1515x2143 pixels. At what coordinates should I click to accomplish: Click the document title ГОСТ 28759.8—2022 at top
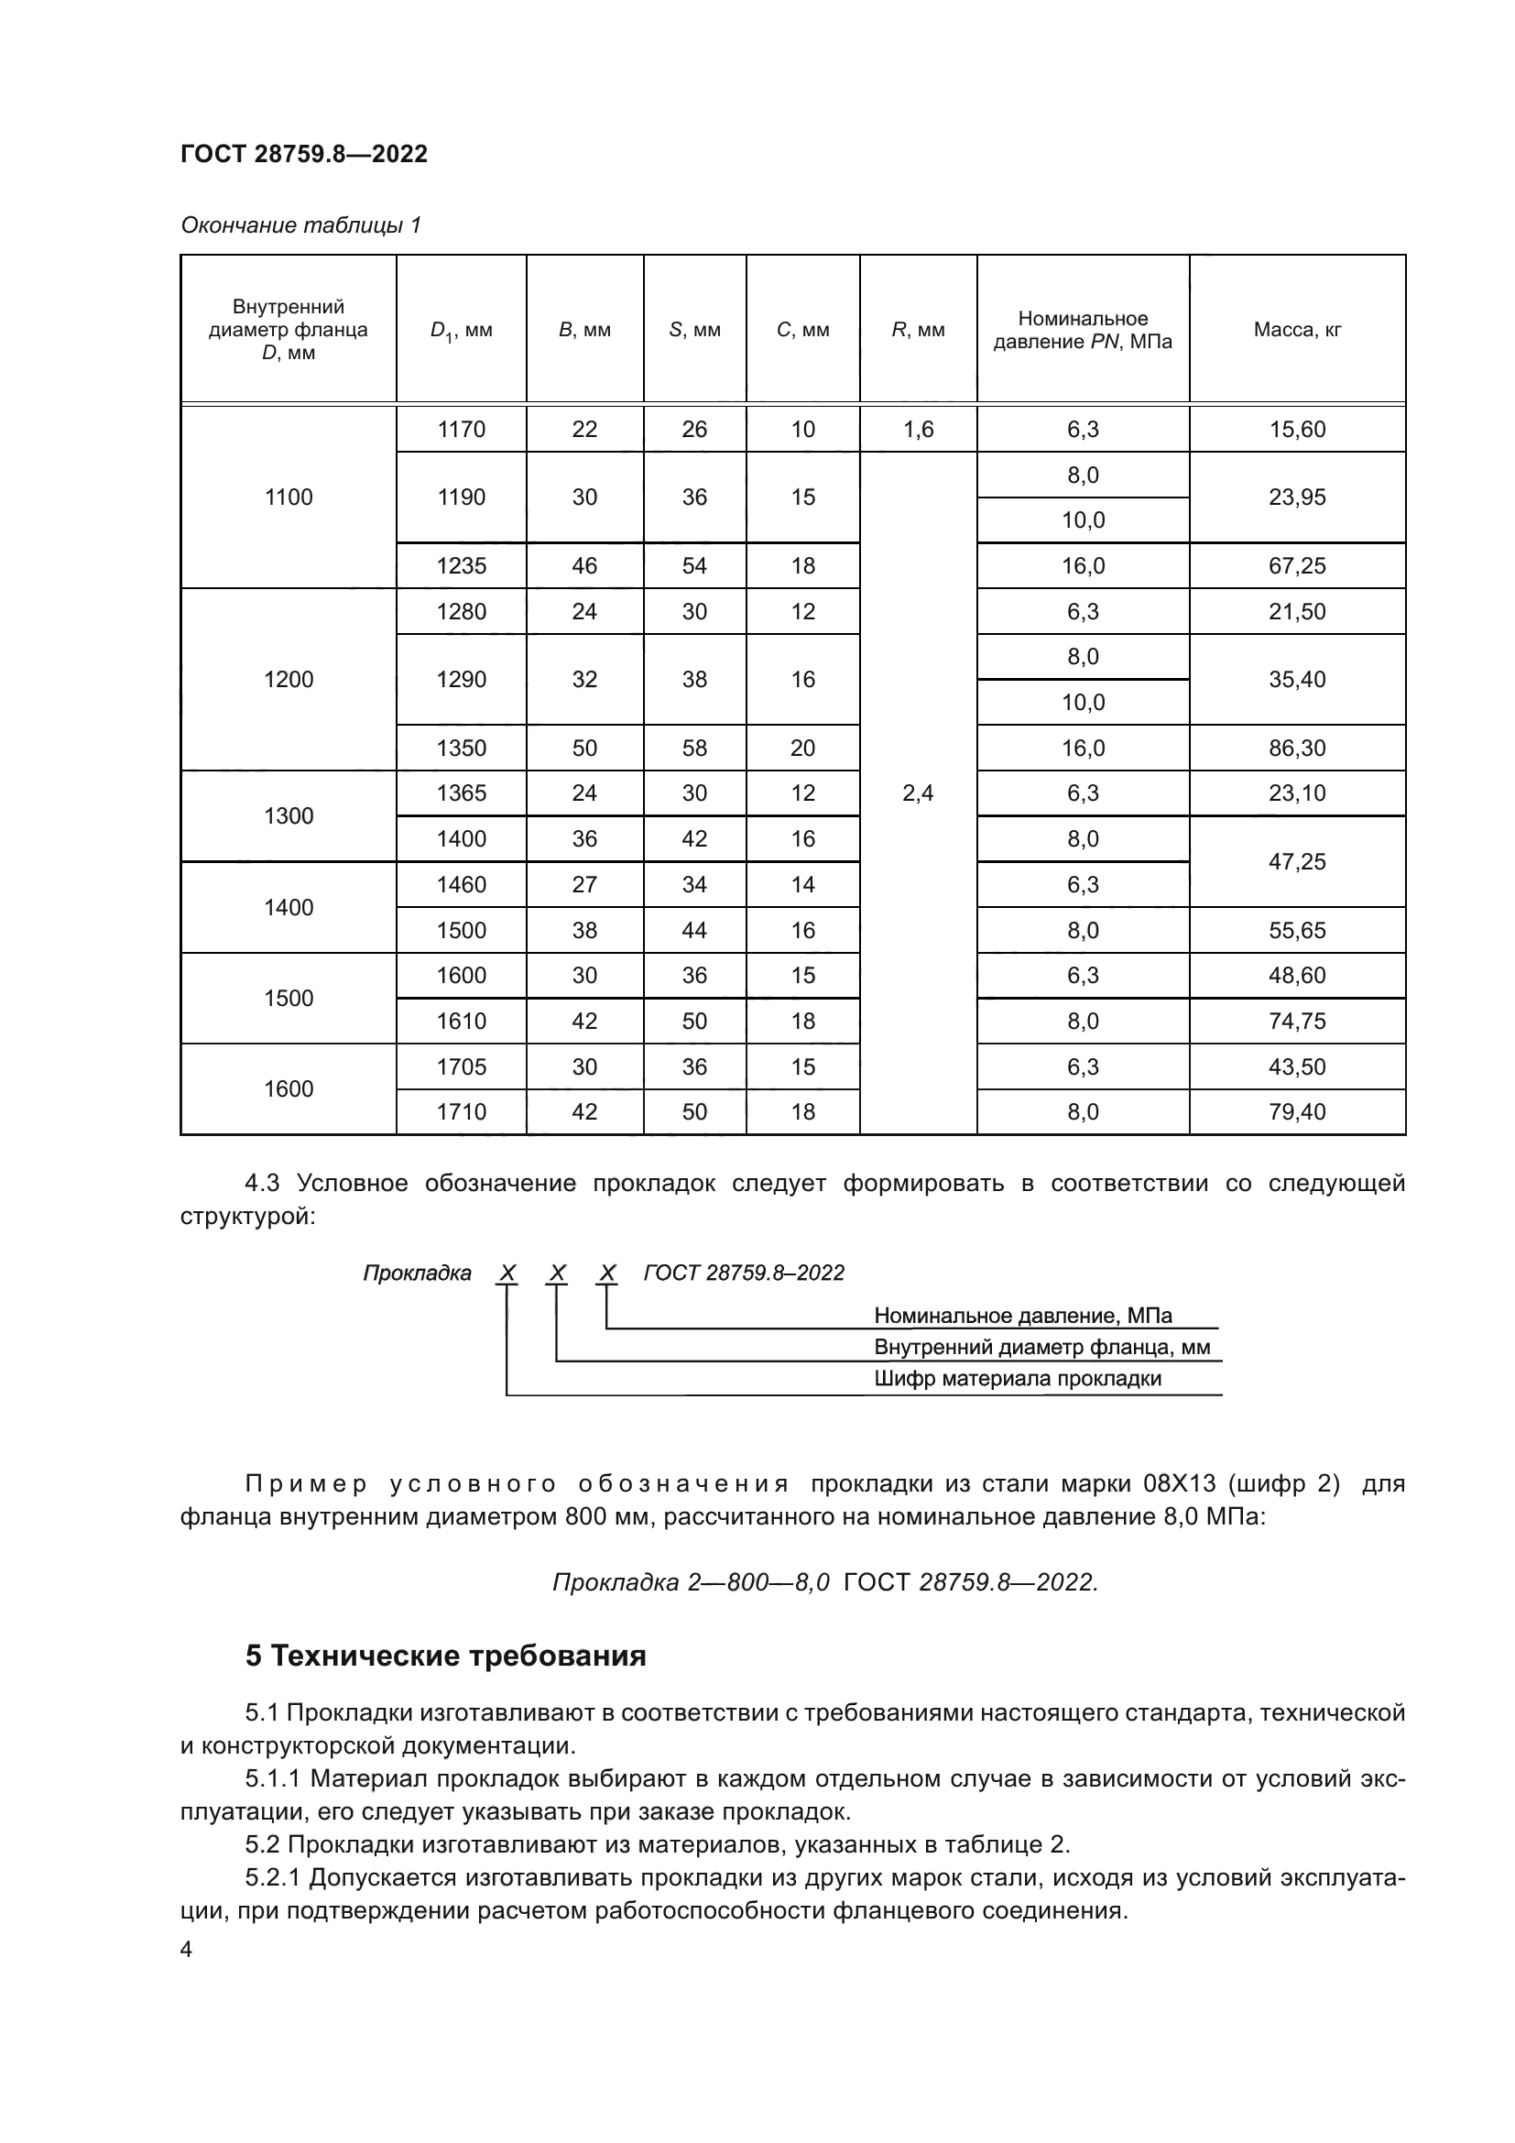point(304,154)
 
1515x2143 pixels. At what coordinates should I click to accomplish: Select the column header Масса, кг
point(1297,330)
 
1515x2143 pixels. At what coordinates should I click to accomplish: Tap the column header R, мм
point(918,330)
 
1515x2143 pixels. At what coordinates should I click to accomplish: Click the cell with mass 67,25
point(1297,565)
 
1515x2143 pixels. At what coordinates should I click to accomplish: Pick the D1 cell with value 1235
point(461,565)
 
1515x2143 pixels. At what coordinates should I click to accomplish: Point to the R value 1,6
point(918,430)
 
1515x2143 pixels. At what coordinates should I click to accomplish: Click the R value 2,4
point(918,793)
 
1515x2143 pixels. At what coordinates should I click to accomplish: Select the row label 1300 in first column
point(289,815)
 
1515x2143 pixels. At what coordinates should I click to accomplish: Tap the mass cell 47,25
point(1297,861)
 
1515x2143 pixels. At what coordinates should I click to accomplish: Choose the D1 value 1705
point(461,1066)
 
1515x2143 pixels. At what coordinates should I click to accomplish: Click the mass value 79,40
point(1297,1111)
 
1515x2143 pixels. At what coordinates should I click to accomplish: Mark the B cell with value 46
point(584,565)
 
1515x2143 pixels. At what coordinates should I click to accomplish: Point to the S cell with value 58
point(694,748)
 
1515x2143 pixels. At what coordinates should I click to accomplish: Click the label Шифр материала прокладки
point(1017,1379)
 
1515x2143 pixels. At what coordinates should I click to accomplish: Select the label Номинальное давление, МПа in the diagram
point(1022,1315)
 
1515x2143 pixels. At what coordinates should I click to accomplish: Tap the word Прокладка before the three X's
point(417,1274)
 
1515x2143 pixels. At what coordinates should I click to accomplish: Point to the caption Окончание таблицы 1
point(300,225)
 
